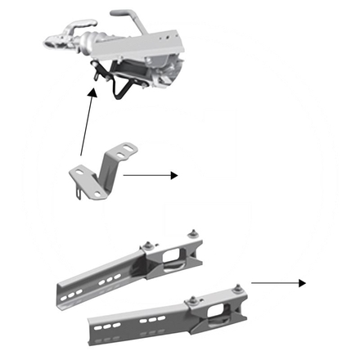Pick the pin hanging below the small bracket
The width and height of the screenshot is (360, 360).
[x=74, y=193]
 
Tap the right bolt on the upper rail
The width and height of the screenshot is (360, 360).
[x=194, y=232]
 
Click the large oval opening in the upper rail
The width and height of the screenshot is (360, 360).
[x=170, y=262]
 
